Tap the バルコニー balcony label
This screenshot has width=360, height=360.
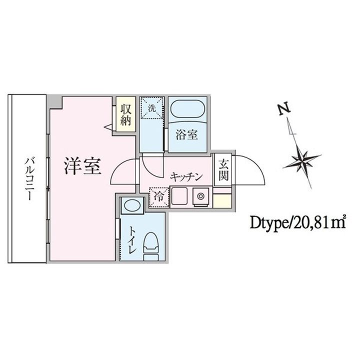pyautogui.click(x=28, y=179)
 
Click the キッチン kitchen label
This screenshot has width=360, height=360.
pyautogui.click(x=185, y=176)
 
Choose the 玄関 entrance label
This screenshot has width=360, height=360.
pyautogui.click(x=221, y=170)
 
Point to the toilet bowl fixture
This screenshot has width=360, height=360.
pyautogui.click(x=151, y=245)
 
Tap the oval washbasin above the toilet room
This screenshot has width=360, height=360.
pyautogui.click(x=132, y=205)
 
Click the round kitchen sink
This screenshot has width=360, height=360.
pyautogui.click(x=203, y=195)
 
